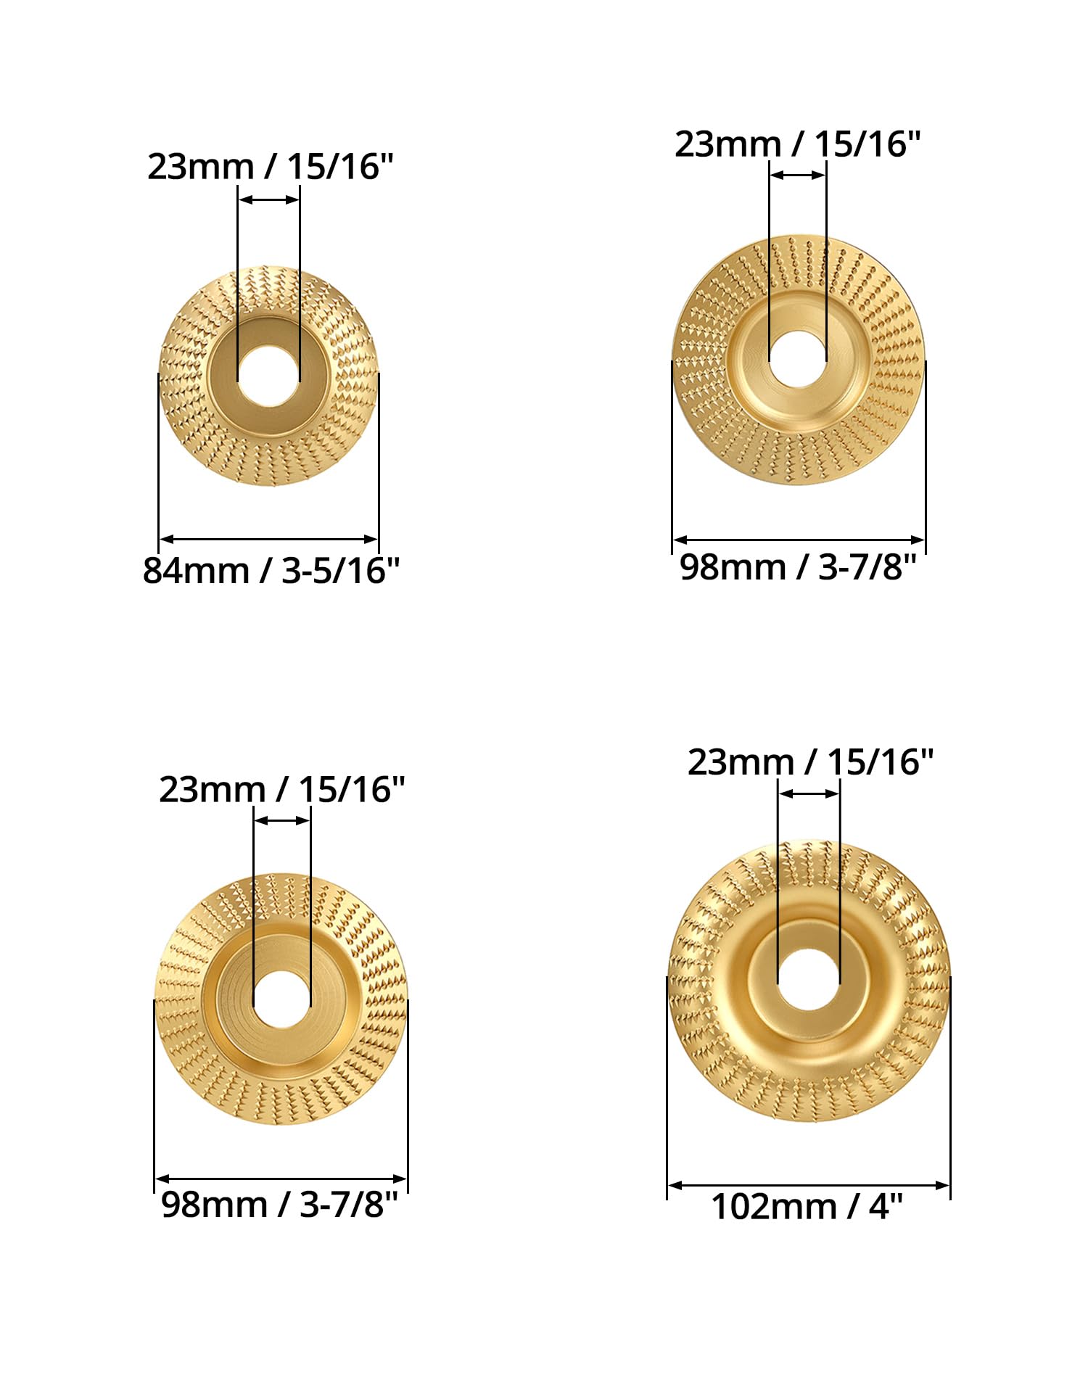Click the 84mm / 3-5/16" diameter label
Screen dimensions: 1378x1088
click(x=271, y=571)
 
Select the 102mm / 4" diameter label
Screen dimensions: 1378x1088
click(x=807, y=1207)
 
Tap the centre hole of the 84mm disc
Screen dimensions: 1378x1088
click(x=269, y=376)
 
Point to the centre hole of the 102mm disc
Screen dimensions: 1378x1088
click(x=809, y=979)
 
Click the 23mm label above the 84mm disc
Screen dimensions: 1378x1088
click(x=270, y=167)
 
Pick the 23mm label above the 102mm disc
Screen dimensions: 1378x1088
click(x=810, y=762)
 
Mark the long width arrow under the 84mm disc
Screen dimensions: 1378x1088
click(x=268, y=539)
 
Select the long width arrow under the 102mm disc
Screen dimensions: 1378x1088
click(x=808, y=1185)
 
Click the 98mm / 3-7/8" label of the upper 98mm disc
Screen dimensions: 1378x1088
click(x=798, y=566)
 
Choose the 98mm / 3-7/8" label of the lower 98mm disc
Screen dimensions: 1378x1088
click(x=279, y=1205)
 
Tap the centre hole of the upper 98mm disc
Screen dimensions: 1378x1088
click(x=798, y=359)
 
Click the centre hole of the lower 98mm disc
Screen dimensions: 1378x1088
click(x=281, y=999)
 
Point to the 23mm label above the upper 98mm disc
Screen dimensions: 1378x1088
click(x=797, y=144)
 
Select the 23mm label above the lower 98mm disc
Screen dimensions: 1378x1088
click(x=281, y=789)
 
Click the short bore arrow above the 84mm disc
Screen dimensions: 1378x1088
click(x=268, y=199)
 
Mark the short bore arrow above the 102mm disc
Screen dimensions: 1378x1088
click(x=809, y=793)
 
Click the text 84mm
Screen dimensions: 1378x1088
click(x=196, y=571)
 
